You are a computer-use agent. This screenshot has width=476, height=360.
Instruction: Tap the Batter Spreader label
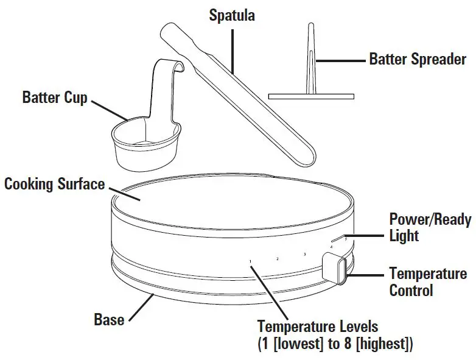418,60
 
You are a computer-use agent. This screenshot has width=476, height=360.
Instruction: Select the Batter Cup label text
55,97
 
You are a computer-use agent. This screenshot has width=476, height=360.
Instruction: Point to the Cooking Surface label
55,183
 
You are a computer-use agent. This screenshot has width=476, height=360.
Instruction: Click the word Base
109,319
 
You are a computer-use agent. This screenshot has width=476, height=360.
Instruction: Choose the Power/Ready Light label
430,227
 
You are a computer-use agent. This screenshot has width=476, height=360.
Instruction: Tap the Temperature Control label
427,281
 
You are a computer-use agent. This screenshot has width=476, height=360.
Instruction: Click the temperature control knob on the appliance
335,268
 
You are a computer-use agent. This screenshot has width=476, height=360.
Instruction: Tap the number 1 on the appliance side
250,261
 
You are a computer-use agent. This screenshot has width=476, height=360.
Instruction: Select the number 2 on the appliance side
278,259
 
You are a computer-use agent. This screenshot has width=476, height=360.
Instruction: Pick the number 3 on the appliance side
304,254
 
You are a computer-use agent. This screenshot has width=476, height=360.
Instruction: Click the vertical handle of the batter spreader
311,61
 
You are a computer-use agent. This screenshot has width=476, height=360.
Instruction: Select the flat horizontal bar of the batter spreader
311,96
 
